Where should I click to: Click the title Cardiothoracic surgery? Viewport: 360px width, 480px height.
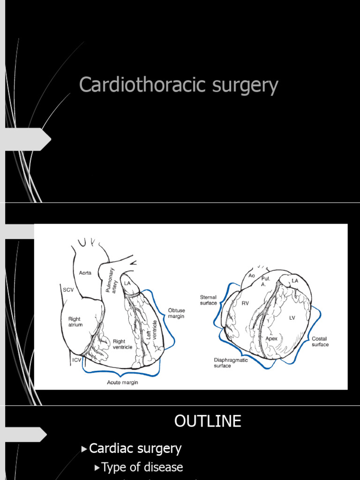coord(179,85)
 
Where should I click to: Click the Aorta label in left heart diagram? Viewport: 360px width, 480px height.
coord(85,273)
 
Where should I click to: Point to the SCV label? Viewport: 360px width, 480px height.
coord(68,290)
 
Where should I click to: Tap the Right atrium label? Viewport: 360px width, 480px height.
coord(75,322)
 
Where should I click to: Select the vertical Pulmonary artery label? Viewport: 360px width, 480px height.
coord(111,280)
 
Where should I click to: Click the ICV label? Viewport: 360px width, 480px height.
coord(77,360)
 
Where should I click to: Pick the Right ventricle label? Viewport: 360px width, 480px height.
coord(122,344)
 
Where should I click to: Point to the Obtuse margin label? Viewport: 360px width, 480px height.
coord(176,313)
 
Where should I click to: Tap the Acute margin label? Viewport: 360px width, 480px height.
coord(122,382)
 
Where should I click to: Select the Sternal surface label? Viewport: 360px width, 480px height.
coord(209,300)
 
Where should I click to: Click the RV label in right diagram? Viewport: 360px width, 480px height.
coord(245,303)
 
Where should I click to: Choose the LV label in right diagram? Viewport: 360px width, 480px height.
coord(292,318)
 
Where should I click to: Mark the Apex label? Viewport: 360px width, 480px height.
coord(271,338)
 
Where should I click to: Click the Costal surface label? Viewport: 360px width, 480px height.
coord(320,342)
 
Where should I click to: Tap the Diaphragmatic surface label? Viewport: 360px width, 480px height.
coord(231,363)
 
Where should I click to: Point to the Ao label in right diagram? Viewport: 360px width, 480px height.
coord(252,276)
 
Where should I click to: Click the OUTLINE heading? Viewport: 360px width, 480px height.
coord(208,421)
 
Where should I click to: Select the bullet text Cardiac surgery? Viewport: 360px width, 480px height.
coord(135,449)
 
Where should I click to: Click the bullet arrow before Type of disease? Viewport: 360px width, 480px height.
coord(97,468)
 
